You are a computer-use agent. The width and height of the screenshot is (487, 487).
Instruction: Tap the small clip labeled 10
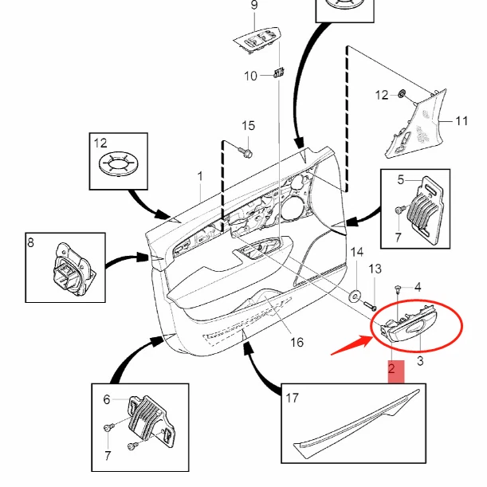(278, 74)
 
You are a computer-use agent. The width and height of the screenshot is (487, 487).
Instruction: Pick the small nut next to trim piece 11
(403, 96)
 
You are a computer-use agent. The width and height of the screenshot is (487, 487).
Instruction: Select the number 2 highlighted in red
(391, 369)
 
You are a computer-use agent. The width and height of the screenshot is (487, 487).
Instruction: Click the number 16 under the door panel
(297, 344)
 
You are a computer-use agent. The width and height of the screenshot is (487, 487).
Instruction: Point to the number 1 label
(200, 175)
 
